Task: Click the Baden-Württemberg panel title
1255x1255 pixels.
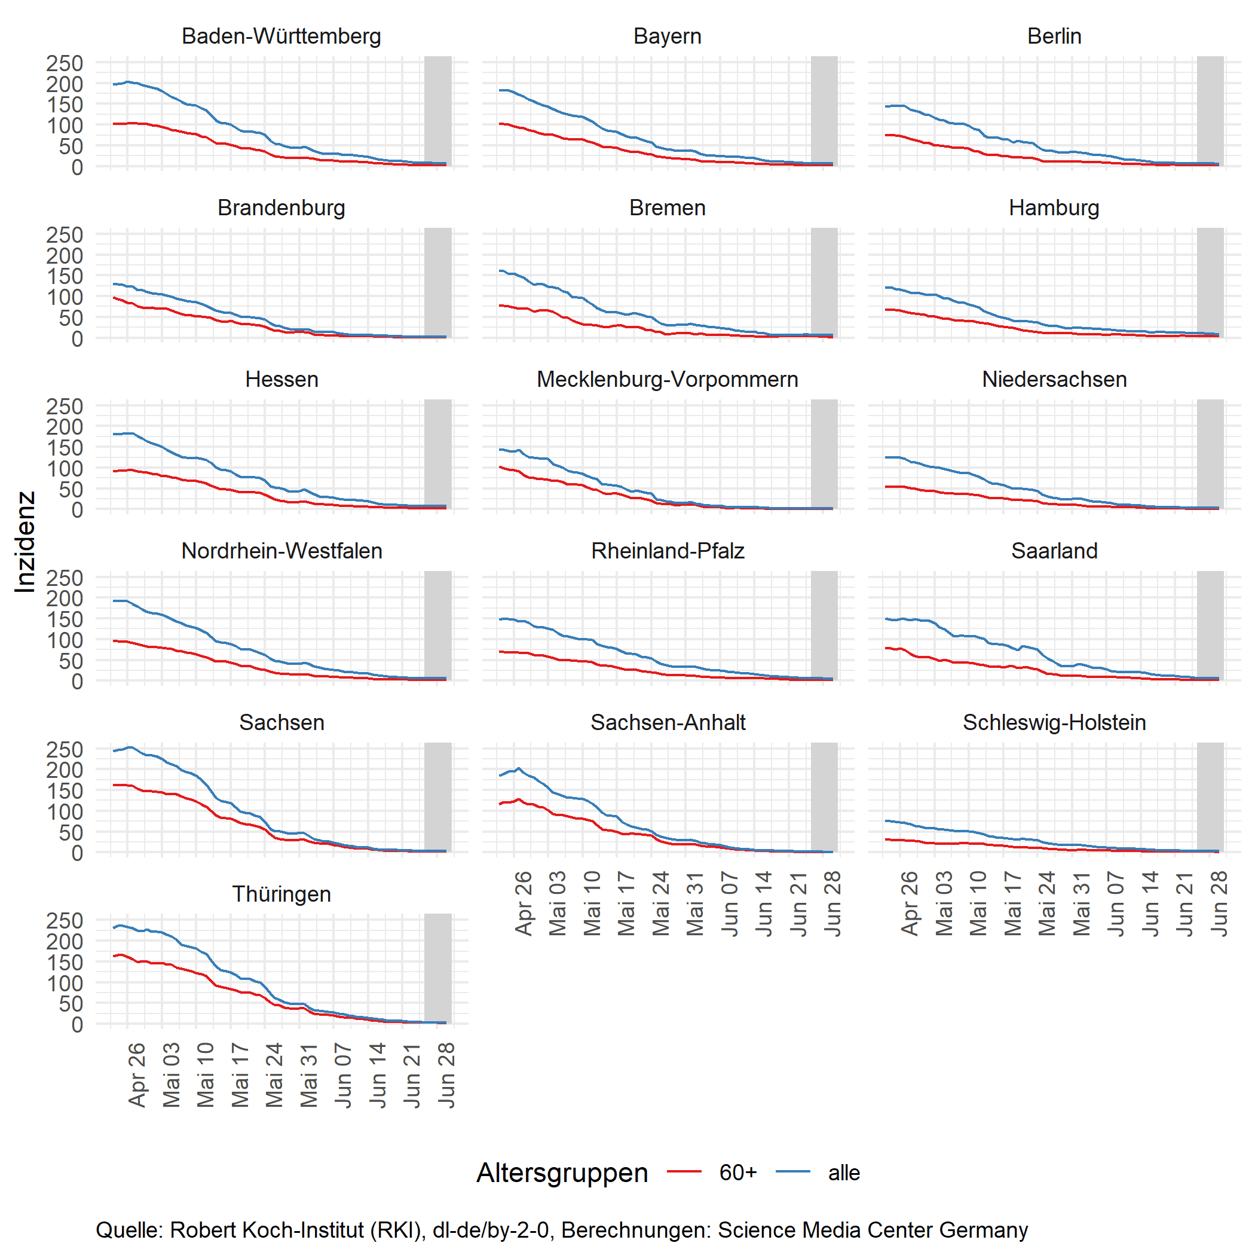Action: [x=281, y=36]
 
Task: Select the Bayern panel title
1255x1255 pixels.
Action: [x=668, y=36]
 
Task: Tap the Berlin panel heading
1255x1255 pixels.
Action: [x=1054, y=36]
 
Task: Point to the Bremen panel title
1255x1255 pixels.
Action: [x=668, y=208]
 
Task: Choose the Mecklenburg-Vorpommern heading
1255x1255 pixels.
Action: [x=668, y=380]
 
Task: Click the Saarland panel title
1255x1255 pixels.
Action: [x=1054, y=551]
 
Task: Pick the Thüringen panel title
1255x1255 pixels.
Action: [x=281, y=894]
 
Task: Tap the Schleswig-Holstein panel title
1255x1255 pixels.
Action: [x=1054, y=723]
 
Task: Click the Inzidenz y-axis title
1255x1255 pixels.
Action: [x=25, y=542]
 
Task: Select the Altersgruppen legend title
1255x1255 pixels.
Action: [x=562, y=1173]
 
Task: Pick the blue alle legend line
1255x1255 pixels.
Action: [x=792, y=1172]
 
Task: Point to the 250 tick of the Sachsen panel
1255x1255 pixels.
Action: [x=65, y=749]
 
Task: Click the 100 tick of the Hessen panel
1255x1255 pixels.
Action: [x=65, y=469]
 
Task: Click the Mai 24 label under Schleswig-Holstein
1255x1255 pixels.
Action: [x=1047, y=903]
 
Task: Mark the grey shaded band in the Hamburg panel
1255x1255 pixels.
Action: [x=1210, y=283]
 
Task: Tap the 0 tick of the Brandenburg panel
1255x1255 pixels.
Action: [x=77, y=338]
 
